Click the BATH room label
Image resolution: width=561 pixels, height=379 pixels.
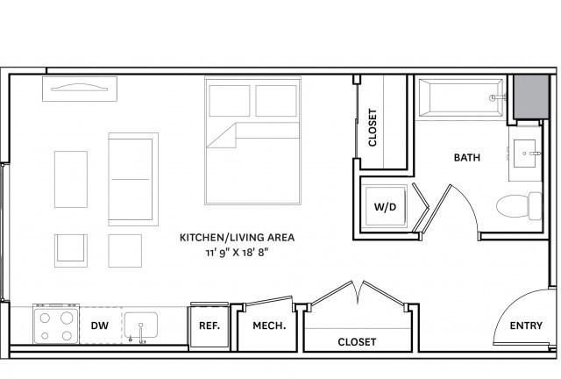tap(466, 158)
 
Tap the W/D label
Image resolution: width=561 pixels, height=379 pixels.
tap(385, 207)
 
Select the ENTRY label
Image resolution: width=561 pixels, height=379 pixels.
tap(526, 325)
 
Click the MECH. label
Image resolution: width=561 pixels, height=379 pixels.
tap(269, 325)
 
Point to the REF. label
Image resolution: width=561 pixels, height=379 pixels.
tap(209, 325)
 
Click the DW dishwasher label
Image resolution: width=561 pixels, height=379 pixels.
tap(99, 325)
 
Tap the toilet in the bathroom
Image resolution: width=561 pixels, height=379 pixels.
tap(519, 206)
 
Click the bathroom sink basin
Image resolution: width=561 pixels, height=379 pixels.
tap(525, 154)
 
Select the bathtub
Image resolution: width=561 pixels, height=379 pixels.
tap(461, 97)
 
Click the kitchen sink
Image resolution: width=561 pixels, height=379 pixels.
tap(141, 325)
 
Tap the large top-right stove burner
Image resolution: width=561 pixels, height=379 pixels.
tap(67, 318)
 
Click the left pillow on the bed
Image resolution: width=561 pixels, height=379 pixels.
tap(230, 101)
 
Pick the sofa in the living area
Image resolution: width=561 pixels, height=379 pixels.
tap(133, 179)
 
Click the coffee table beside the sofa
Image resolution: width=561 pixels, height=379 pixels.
tap(71, 179)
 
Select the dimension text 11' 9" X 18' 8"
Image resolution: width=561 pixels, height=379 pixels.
tap(237, 253)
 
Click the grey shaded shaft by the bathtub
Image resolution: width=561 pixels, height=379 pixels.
tap(531, 97)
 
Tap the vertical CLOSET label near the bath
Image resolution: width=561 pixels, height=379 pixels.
tap(373, 127)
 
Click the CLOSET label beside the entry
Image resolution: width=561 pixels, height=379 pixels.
tap(357, 342)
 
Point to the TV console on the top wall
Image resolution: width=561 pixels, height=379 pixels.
tap(80, 89)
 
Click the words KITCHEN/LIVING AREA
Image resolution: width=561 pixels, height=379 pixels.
tap(237, 238)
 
